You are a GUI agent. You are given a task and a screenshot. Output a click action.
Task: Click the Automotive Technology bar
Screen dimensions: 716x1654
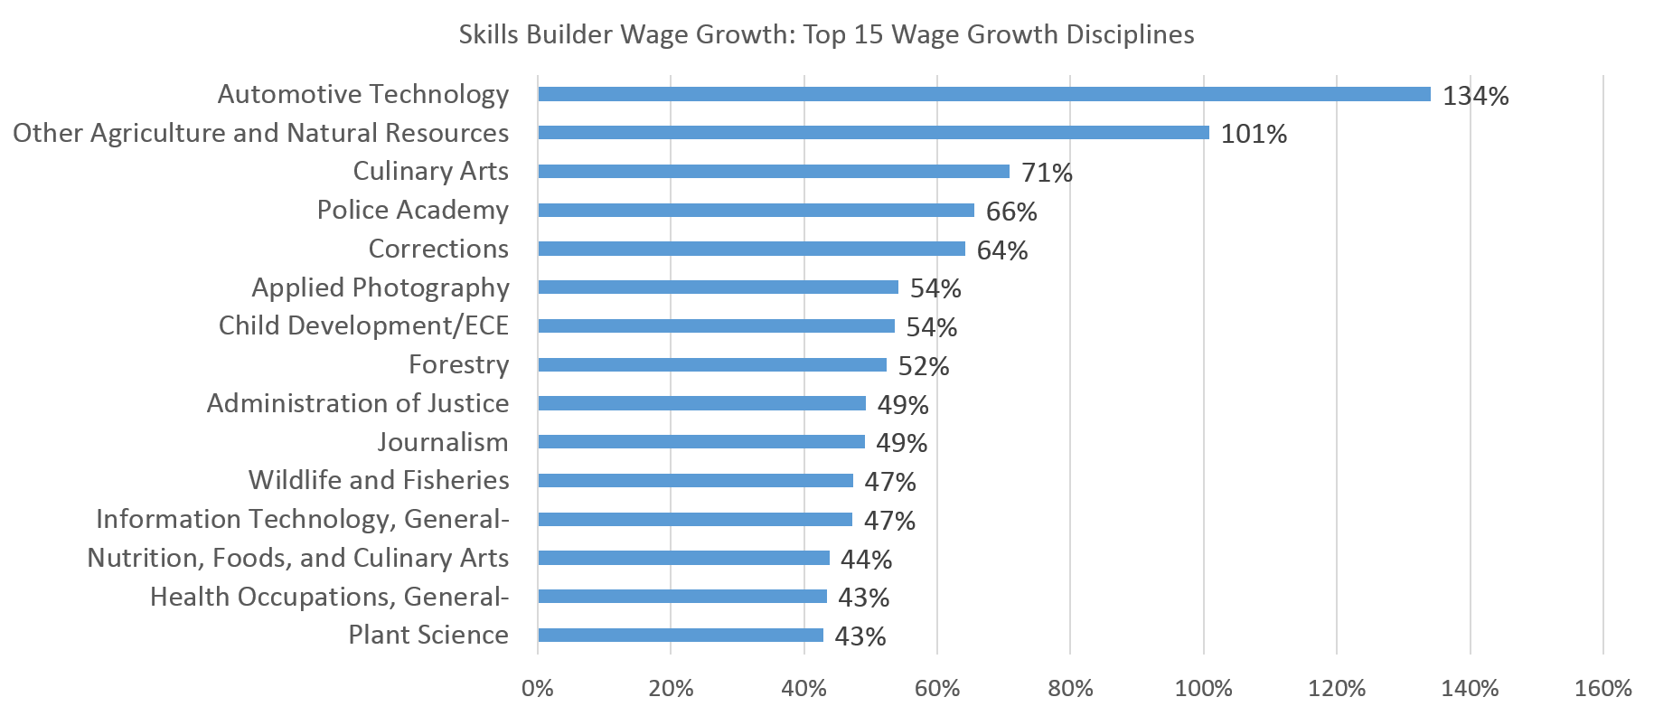click(983, 94)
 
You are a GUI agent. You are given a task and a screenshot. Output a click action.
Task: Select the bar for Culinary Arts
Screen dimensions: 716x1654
click(773, 172)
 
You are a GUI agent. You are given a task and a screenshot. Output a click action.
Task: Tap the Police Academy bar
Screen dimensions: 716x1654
click(756, 211)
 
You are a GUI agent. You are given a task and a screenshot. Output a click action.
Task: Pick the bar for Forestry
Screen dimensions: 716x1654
click(711, 365)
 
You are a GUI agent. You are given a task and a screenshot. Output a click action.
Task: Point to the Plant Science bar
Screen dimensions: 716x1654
click(680, 636)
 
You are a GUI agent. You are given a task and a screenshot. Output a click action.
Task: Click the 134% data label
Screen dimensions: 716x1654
click(1475, 96)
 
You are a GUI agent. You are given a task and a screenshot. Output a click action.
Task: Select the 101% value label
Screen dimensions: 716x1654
click(1254, 135)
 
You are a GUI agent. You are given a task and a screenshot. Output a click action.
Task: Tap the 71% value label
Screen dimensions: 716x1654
click(1046, 173)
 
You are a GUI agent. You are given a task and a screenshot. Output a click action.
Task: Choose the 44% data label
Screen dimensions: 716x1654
click(866, 560)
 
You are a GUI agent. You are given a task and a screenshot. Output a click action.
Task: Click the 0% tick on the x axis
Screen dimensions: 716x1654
click(538, 689)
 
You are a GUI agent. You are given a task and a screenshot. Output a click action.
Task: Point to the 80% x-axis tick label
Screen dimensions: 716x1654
click(1070, 689)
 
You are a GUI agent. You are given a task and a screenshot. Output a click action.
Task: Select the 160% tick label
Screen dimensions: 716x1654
click(1602, 689)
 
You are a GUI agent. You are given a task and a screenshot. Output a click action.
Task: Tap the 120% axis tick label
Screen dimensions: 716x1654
click(1337, 689)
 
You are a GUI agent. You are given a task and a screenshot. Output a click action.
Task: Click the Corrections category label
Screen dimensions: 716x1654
click(438, 249)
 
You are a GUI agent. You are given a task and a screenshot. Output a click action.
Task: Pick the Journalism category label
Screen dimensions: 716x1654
click(443, 442)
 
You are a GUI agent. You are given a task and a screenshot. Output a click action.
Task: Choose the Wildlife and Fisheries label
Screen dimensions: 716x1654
click(379, 480)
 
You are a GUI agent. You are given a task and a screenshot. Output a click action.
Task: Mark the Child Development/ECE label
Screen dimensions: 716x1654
click(363, 325)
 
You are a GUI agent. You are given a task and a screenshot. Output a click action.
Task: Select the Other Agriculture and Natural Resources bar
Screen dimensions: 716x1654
click(873, 133)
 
